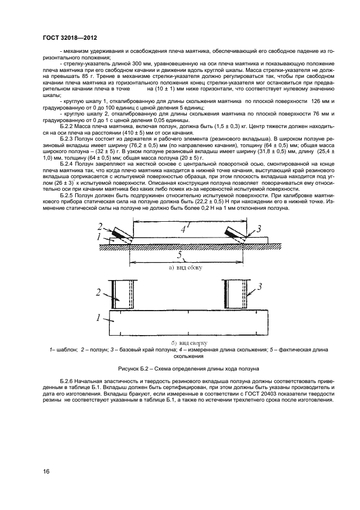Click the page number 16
point(47,470)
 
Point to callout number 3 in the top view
point(260,286)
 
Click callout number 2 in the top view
point(100,293)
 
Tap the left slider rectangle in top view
point(123,294)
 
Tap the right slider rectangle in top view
point(236,294)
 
